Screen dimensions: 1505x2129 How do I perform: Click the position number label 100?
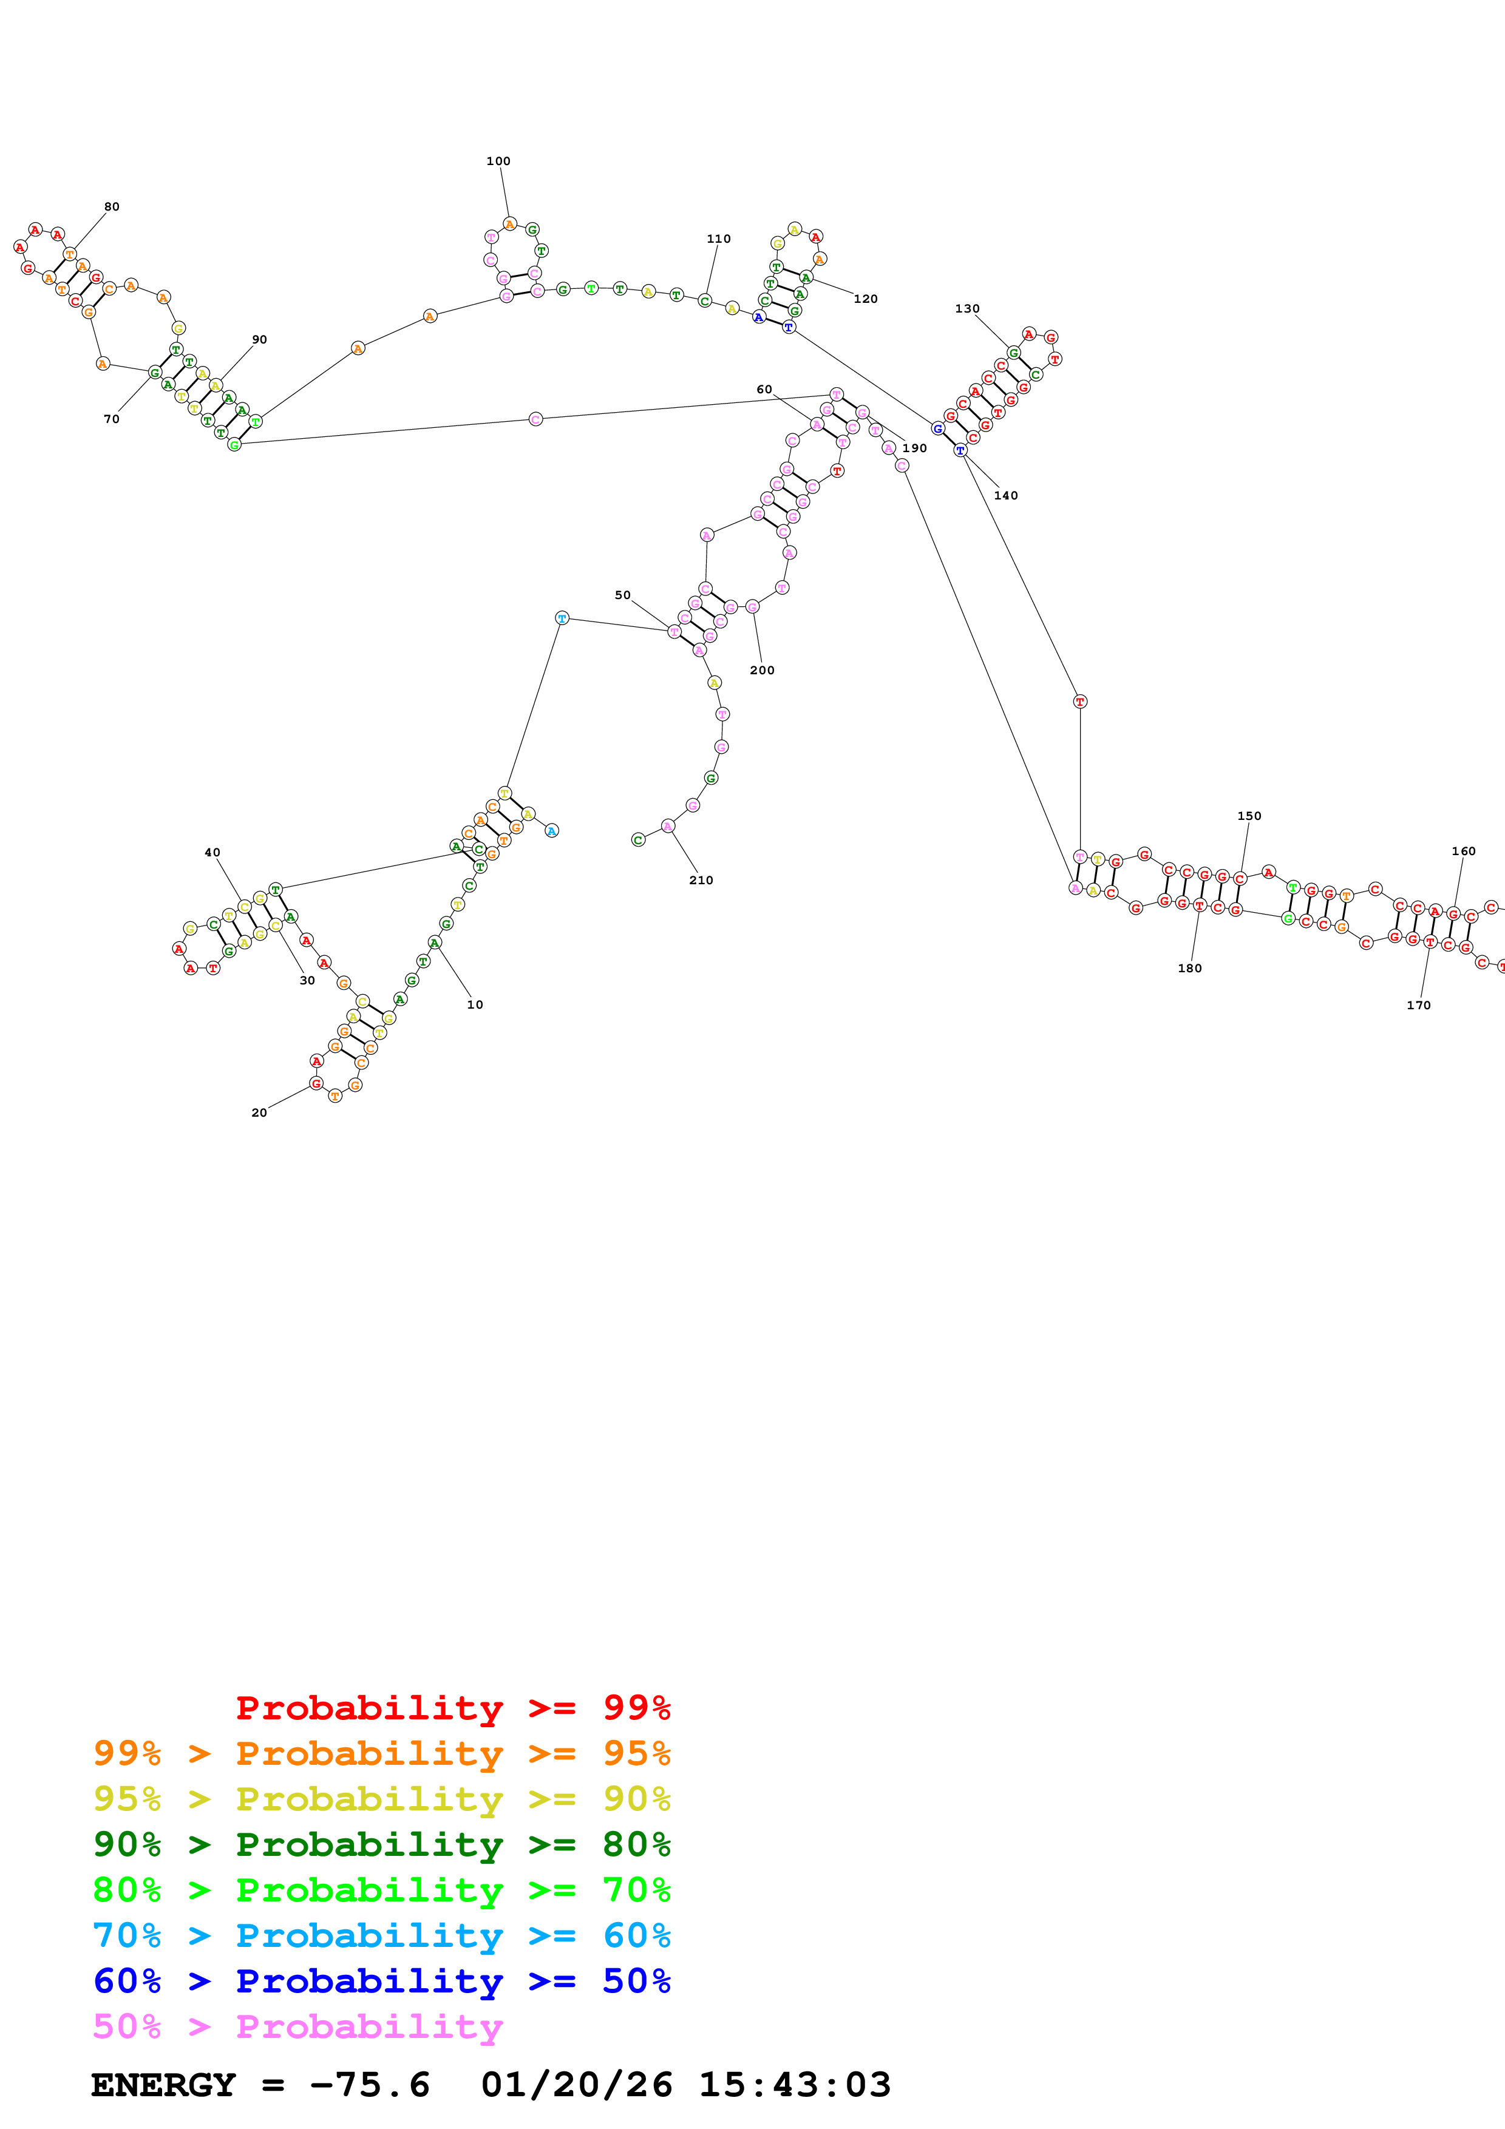click(498, 161)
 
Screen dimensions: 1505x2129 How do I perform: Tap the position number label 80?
click(111, 207)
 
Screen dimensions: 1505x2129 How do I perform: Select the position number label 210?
click(701, 880)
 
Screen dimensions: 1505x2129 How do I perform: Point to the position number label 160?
click(1463, 851)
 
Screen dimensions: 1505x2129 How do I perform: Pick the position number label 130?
click(967, 309)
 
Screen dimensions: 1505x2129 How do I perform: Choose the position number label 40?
click(212, 852)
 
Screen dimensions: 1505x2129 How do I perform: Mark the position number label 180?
click(1190, 968)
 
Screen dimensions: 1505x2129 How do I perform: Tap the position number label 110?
click(719, 239)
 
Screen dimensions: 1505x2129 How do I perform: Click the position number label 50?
click(622, 595)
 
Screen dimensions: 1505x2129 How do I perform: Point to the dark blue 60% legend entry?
click(381, 1981)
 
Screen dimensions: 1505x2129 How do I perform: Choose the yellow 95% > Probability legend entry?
click(381, 1799)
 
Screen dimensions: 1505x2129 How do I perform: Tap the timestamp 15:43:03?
click(795, 2085)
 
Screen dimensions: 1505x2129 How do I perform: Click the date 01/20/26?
click(577, 2085)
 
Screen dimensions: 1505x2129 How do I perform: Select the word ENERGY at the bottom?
click(163, 2085)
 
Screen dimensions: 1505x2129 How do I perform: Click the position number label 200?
click(763, 671)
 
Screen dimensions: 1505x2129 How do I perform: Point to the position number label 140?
click(1006, 496)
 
